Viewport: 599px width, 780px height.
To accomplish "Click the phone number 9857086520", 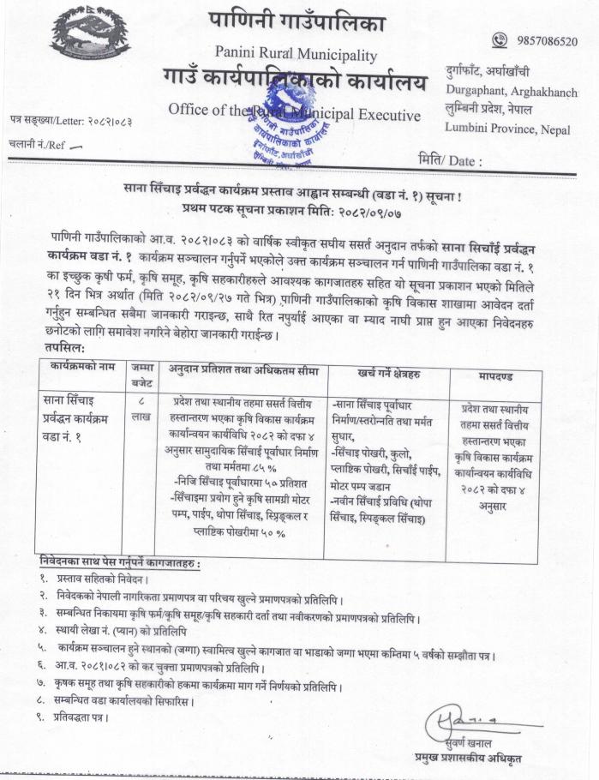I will point(546,40).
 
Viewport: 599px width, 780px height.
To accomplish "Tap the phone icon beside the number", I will point(500,39).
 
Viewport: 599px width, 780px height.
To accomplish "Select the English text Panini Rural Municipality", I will point(297,55).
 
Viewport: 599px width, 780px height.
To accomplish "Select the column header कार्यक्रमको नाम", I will point(81,368).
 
